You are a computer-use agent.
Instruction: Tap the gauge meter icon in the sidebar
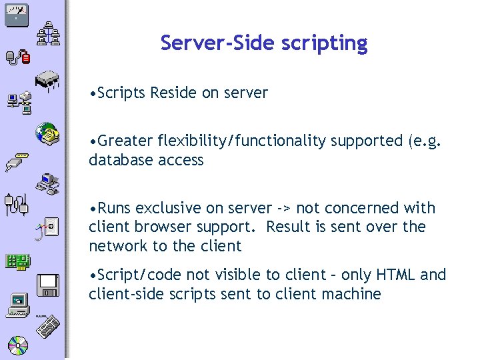[16, 14]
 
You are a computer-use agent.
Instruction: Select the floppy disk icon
[49, 285]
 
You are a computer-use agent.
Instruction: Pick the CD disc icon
[18, 345]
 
